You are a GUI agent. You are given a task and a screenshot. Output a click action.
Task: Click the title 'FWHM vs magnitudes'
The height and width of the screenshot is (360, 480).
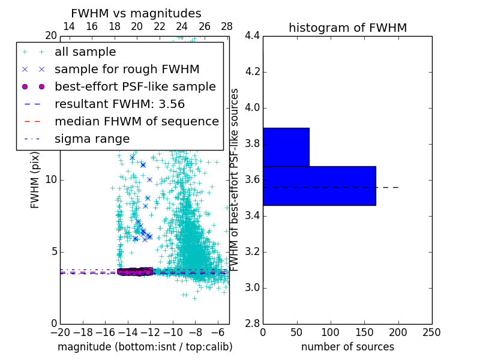pyautogui.click(x=136, y=13)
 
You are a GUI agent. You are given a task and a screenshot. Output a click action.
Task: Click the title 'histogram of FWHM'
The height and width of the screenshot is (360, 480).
pyautogui.click(x=347, y=28)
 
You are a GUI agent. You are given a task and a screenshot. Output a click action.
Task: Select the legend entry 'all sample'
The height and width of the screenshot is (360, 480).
pyautogui.click(x=85, y=52)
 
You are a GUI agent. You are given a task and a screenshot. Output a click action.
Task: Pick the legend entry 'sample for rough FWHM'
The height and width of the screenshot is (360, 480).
pyautogui.click(x=127, y=70)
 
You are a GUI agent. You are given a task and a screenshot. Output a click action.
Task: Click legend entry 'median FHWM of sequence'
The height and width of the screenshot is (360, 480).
pyautogui.click(x=136, y=122)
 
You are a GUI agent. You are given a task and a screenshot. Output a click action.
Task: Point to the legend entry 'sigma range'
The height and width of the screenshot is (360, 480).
pyautogui.click(x=92, y=139)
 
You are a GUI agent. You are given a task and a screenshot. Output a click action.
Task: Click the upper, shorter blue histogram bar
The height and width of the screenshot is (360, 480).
pyautogui.click(x=286, y=147)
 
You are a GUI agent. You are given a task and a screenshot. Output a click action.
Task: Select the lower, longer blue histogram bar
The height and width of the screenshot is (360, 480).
pyautogui.click(x=319, y=185)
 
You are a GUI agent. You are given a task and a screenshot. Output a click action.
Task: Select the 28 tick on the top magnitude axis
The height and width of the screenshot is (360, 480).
pyautogui.click(x=227, y=27)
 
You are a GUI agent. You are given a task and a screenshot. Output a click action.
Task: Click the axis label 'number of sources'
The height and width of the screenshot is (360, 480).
pyautogui.click(x=347, y=347)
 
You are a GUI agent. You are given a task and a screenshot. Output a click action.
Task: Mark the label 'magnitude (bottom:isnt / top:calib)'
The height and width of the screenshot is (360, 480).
pyautogui.click(x=145, y=347)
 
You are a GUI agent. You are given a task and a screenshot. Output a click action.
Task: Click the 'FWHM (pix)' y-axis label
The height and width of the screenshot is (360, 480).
pyautogui.click(x=35, y=180)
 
